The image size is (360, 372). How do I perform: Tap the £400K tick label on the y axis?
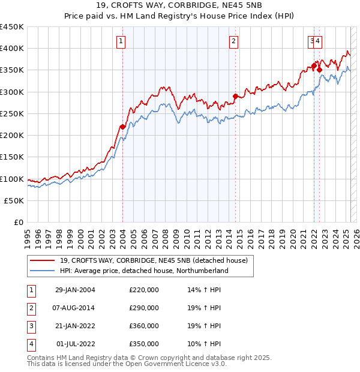tap(13, 49)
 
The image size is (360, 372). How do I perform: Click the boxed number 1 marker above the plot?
tap(121, 41)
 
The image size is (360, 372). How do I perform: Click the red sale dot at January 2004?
tap(123, 127)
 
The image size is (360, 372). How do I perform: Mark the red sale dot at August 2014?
tap(235, 96)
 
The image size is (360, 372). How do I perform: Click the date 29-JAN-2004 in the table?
tap(75, 290)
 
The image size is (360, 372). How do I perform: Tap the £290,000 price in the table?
tap(144, 308)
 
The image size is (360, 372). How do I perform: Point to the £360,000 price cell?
tap(144, 326)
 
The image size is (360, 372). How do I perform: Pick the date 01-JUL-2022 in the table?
tap(75, 344)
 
